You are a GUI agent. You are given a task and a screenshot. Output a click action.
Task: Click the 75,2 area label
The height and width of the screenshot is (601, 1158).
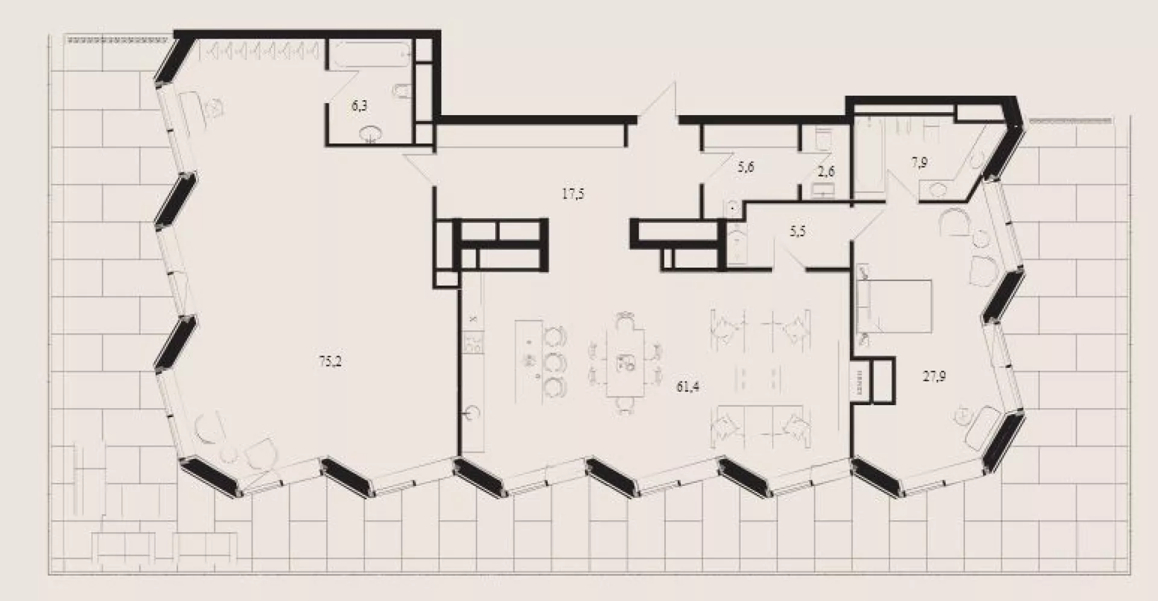click(330, 362)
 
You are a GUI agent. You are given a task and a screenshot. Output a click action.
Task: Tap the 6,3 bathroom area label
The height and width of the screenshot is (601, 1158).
click(359, 106)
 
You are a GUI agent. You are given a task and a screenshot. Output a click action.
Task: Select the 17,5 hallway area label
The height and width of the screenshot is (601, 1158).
click(573, 194)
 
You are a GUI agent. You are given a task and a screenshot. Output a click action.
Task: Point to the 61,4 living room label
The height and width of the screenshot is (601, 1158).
click(688, 386)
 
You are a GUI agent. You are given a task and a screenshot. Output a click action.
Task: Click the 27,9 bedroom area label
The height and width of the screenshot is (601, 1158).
click(934, 377)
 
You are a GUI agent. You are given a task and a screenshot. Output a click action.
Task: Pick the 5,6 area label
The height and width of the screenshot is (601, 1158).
click(746, 168)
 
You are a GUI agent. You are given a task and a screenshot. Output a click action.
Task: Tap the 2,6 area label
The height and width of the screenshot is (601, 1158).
click(826, 171)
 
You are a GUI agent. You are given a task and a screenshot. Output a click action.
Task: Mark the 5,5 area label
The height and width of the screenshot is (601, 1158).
click(797, 231)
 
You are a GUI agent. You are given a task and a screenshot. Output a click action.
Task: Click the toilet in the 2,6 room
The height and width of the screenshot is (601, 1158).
click(823, 138)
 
